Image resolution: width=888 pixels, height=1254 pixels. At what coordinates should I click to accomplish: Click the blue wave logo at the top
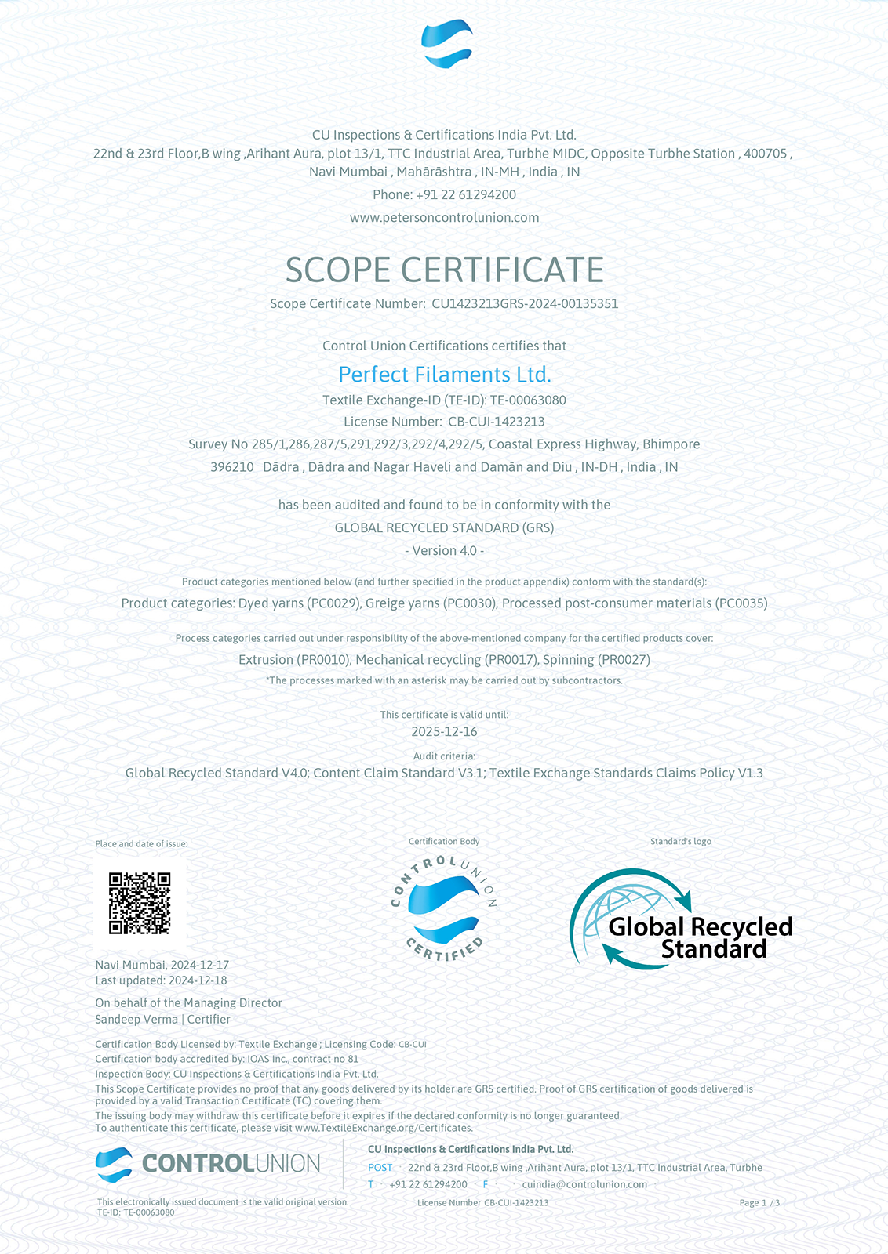click(x=446, y=44)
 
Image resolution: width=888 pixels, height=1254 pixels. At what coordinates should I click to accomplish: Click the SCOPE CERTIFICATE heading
click(x=444, y=270)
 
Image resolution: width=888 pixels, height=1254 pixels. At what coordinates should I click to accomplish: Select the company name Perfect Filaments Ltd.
click(x=444, y=375)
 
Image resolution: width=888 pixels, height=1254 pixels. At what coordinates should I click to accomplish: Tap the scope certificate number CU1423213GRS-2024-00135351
click(x=525, y=303)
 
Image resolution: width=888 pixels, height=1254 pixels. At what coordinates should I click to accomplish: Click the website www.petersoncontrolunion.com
click(x=444, y=217)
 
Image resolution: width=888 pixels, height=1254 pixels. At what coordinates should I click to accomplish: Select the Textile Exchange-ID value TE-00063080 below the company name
click(x=528, y=400)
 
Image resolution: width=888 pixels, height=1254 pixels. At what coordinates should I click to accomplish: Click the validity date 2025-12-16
click(x=444, y=731)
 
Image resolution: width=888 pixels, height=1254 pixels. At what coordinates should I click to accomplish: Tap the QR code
click(x=140, y=903)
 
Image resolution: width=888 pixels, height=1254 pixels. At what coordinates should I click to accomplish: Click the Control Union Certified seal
click(x=444, y=909)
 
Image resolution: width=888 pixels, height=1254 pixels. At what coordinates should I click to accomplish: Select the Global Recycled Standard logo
click(x=680, y=919)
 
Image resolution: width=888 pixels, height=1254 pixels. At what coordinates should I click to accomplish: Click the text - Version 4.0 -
click(x=444, y=550)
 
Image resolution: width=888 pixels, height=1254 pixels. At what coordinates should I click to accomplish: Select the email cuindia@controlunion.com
click(x=584, y=1184)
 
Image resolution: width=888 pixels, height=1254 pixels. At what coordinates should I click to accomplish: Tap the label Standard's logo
click(x=680, y=841)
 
